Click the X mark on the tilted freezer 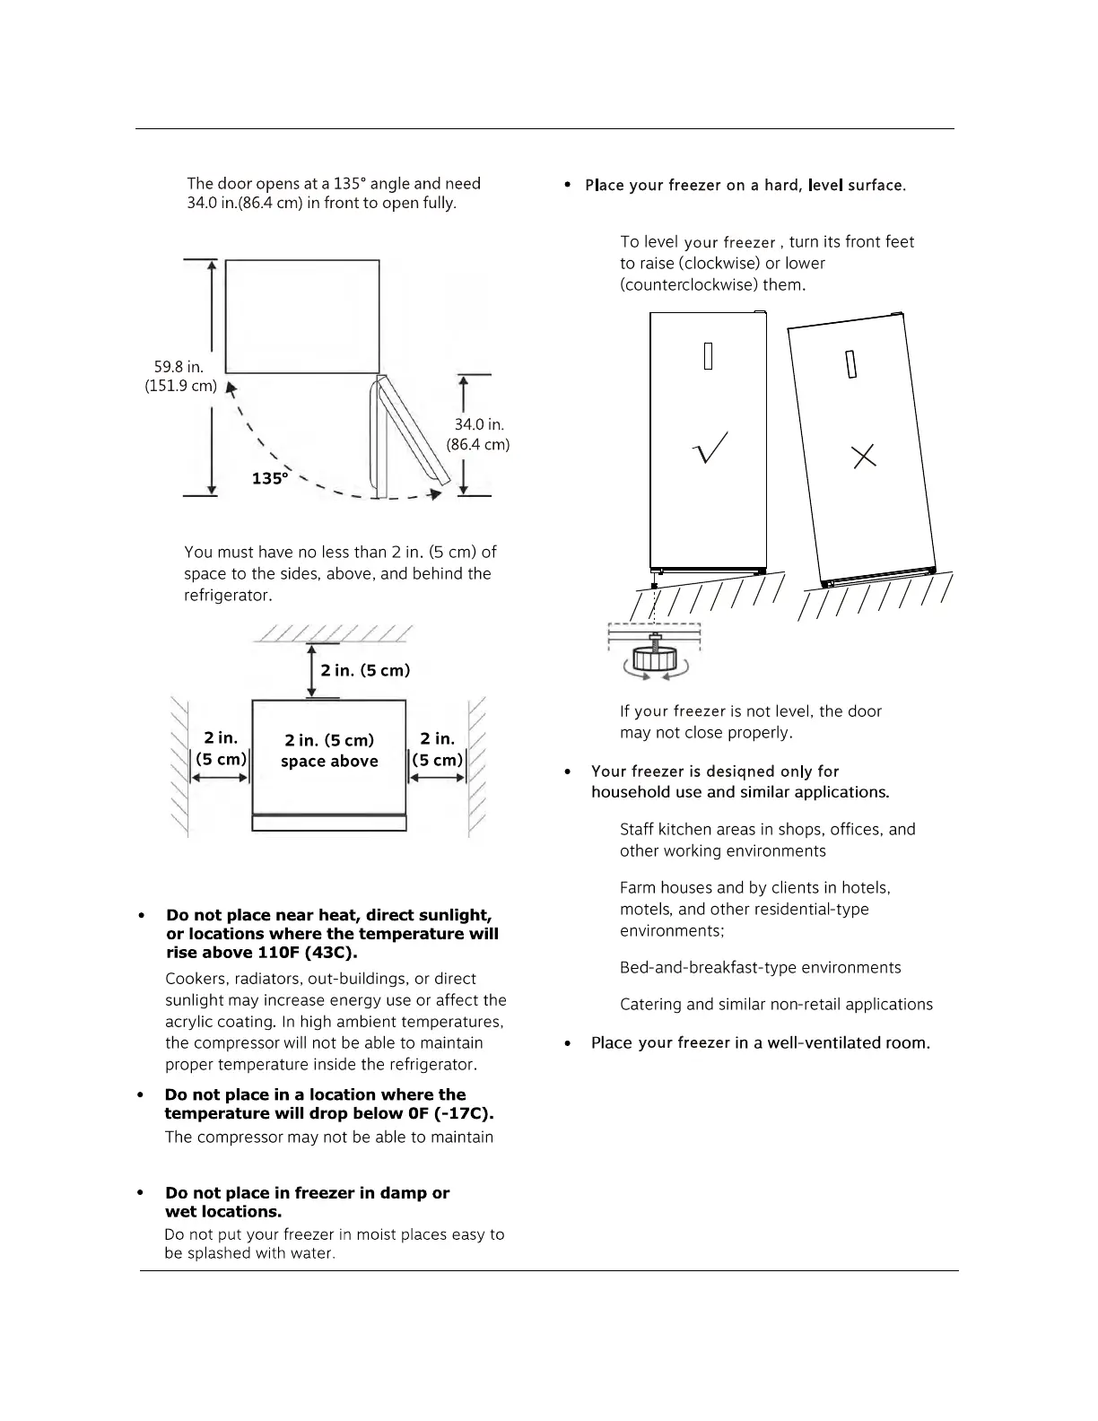point(864,457)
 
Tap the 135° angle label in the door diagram point(270,478)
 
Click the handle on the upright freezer point(708,355)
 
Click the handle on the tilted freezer point(851,362)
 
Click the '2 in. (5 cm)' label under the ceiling point(365,670)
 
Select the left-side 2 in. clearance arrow point(220,777)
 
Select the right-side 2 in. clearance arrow point(439,777)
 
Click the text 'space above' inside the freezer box point(329,762)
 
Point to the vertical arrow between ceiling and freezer point(311,669)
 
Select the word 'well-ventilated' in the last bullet point(792,1042)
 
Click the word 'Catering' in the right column point(650,1004)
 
